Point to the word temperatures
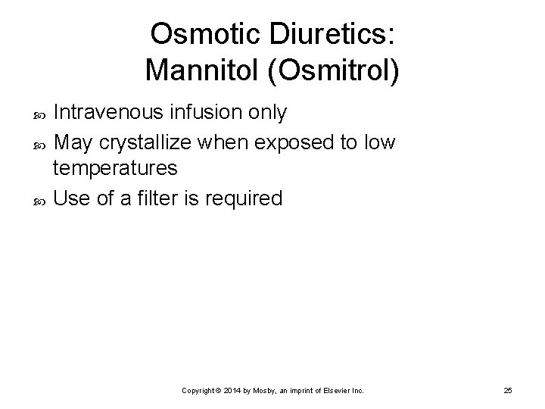[116, 168]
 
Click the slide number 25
[507, 390]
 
